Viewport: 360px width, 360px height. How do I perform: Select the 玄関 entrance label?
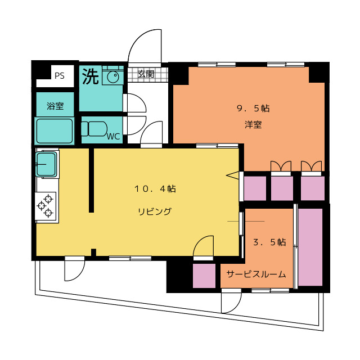[x=146, y=74]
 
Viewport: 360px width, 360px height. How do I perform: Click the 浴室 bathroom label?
[x=55, y=105]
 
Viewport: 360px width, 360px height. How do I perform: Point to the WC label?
[x=113, y=136]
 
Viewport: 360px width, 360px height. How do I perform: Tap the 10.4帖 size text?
[x=155, y=189]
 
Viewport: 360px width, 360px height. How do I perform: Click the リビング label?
[x=155, y=211]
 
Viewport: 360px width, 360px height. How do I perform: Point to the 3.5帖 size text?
[x=269, y=242]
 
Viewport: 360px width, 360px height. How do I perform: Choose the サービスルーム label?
[x=256, y=274]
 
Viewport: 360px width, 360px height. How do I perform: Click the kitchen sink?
[x=47, y=164]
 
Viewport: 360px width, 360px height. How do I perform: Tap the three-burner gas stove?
[x=47, y=205]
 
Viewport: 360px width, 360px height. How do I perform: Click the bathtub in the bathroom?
[x=55, y=130]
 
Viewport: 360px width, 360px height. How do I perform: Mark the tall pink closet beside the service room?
[x=310, y=246]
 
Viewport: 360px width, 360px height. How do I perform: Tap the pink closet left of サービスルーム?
[x=204, y=276]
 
